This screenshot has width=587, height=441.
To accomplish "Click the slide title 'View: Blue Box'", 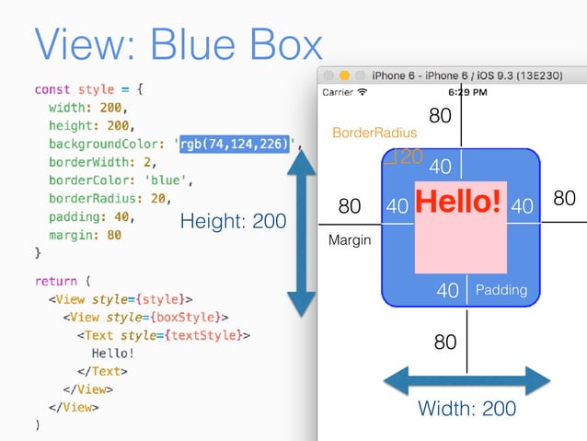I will (x=178, y=44).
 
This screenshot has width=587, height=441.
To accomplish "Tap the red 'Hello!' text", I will (x=460, y=201).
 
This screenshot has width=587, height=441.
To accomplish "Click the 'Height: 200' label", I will (x=233, y=222).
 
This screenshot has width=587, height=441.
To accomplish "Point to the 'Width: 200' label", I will (x=466, y=408).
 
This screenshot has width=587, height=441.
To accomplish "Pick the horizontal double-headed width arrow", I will (x=466, y=379).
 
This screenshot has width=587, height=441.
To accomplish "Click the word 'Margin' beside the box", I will (x=350, y=240).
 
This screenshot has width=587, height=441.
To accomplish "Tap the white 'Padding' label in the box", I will (x=501, y=290).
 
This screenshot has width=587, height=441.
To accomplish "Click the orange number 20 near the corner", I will (x=410, y=157).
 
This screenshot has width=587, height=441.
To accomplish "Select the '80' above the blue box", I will (x=441, y=116).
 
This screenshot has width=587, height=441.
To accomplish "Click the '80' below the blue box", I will (x=445, y=342).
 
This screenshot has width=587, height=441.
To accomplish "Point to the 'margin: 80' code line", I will (x=85, y=234).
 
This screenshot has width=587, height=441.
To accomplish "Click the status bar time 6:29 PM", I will (x=467, y=92).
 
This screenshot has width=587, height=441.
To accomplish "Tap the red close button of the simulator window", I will (x=328, y=74).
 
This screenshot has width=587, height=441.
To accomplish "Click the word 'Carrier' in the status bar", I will (x=337, y=92).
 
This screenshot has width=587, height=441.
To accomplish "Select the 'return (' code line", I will (x=63, y=280).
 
